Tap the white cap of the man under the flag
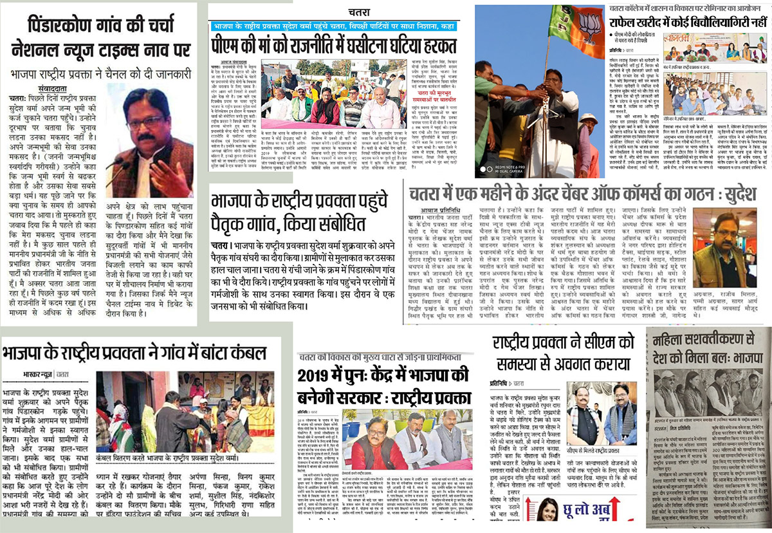point(589,118)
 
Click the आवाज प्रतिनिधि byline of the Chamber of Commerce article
point(427,209)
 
